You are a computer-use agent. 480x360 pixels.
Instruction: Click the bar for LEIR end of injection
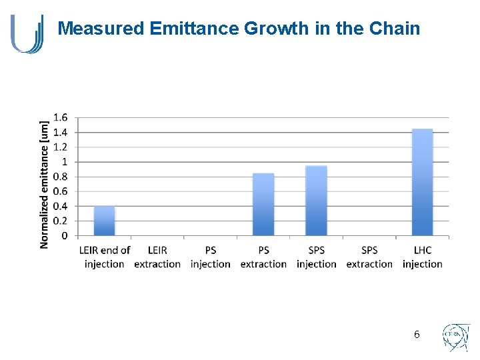coord(104,221)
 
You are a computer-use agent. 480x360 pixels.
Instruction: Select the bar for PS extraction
coord(263,204)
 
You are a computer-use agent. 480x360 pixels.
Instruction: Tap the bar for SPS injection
coord(316,201)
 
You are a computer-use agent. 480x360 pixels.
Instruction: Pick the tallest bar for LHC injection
coord(422,182)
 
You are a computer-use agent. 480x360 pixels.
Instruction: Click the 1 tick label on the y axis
coord(64,162)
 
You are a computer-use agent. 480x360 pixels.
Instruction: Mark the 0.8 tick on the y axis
coord(60,177)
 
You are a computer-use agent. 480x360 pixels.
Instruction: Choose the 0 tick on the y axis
coord(64,235)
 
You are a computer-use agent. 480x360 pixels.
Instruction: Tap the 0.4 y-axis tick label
coord(60,206)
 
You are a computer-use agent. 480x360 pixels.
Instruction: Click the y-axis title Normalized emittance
coord(45,183)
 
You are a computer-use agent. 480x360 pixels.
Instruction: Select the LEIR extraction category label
coord(157,257)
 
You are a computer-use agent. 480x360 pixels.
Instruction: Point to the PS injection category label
coord(210,257)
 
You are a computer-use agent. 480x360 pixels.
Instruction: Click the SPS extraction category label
coord(369,257)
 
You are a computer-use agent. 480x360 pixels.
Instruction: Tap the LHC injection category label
coord(422,257)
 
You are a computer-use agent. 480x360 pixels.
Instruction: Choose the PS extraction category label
coord(263,257)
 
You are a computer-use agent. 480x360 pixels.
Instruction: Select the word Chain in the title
coord(395,29)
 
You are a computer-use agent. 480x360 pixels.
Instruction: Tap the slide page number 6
coord(417,335)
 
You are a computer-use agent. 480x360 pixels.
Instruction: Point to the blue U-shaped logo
coord(27,33)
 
